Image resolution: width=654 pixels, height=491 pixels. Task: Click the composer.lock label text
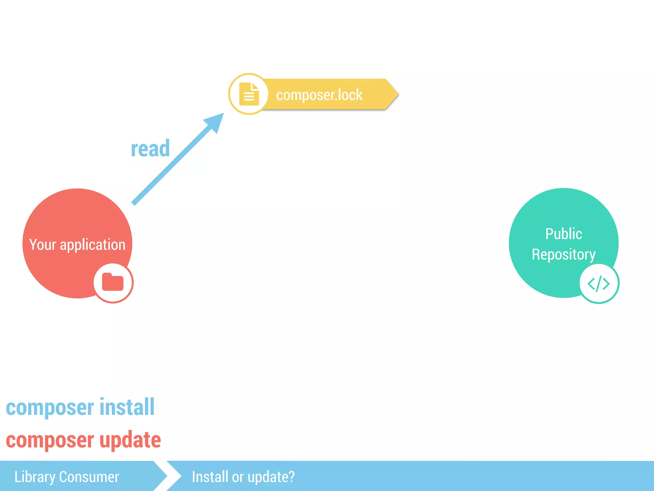319,95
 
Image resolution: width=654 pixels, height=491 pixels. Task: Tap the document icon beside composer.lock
249,94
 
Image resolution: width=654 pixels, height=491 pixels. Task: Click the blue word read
150,149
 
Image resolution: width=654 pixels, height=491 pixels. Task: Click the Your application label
77,245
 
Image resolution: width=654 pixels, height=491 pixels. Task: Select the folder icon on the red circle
113,282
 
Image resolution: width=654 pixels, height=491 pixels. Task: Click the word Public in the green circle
564,234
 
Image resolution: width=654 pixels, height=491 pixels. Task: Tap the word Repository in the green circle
564,254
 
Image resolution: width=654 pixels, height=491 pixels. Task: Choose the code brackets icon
599,284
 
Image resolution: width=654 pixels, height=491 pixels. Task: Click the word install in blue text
127,407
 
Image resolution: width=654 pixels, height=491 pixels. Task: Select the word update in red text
130,440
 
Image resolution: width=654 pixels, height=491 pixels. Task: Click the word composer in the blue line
50,408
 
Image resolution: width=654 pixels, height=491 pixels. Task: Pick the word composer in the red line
50,440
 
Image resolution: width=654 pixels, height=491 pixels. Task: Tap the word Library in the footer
35,477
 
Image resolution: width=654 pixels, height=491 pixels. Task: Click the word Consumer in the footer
89,477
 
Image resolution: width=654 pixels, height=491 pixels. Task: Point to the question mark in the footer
291,477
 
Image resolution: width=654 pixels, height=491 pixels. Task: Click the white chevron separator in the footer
174,476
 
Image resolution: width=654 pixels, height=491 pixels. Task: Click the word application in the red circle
93,245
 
